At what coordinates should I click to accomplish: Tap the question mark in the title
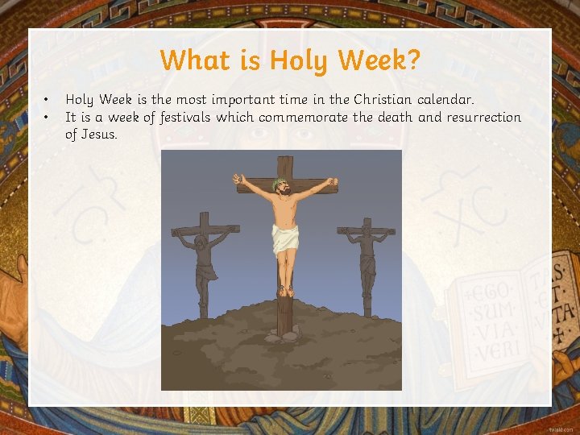point(413,60)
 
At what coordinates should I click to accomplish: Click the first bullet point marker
point(47,100)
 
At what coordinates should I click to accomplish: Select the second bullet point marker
point(47,118)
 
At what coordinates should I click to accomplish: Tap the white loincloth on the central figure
point(284,237)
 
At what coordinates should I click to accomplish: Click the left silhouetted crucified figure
point(203,258)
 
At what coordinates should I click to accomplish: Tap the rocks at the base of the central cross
point(284,332)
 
